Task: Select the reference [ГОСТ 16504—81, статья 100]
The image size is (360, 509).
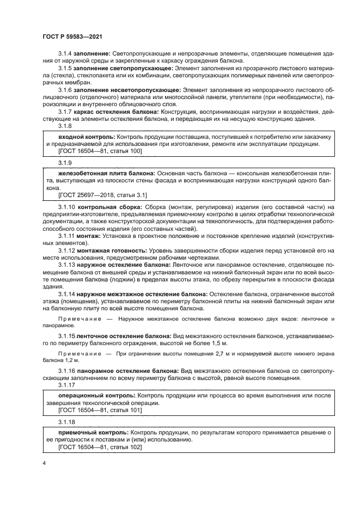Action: tap(100, 150)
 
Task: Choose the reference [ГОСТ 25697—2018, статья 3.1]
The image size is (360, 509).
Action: tap(102, 194)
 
